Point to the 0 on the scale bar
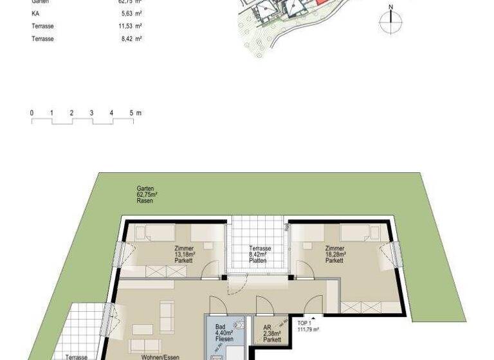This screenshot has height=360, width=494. point(32,113)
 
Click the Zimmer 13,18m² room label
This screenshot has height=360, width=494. point(185,255)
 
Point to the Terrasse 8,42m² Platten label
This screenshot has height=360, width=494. point(260,255)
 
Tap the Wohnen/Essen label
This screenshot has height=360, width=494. point(160,356)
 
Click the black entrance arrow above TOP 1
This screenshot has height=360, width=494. point(313,316)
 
